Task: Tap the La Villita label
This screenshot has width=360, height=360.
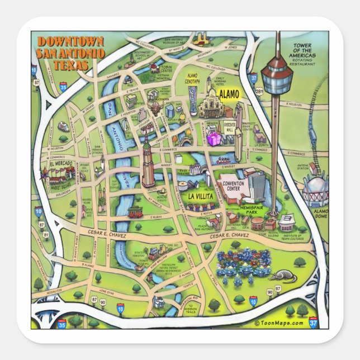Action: click(x=199, y=196)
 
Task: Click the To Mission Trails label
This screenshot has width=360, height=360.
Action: click(x=194, y=302)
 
